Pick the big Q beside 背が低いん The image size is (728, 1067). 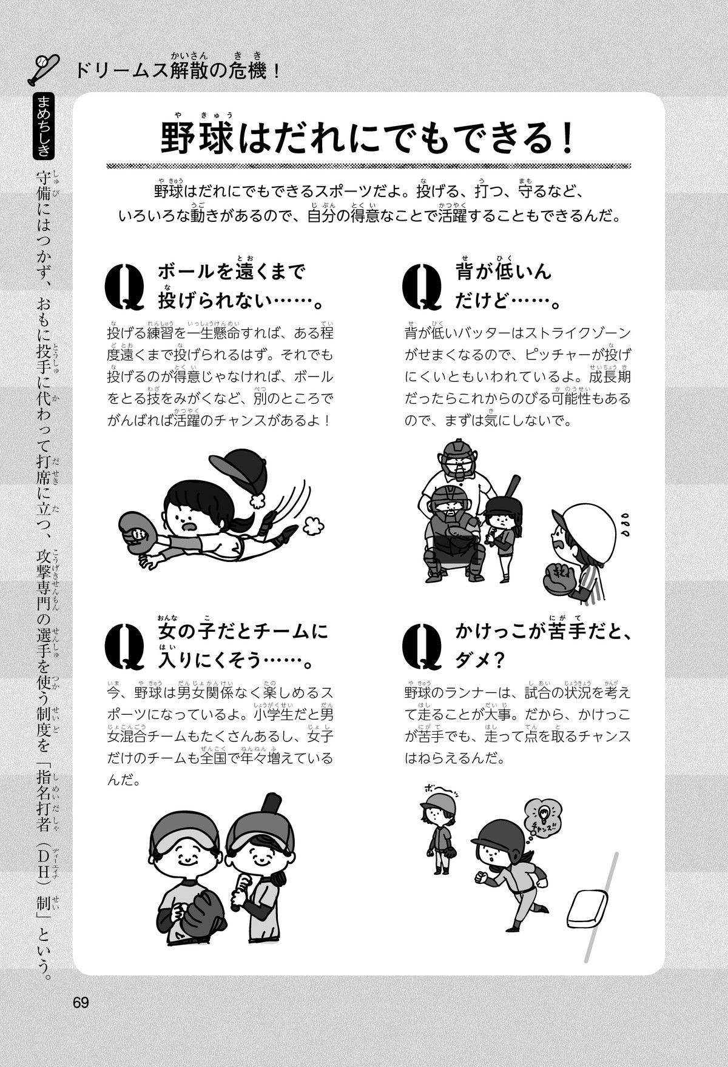click(422, 287)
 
